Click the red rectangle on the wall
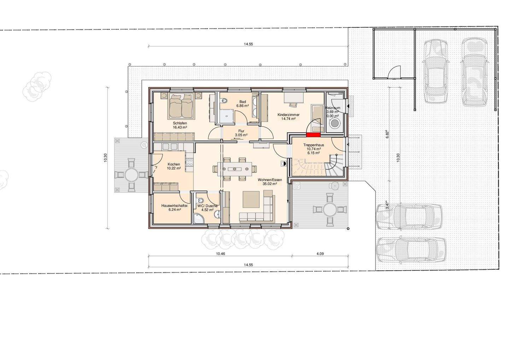coord(313,134)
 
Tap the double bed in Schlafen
coord(181,105)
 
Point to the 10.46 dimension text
coord(220,254)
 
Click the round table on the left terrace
coord(131,175)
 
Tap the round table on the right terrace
coord(329,210)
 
